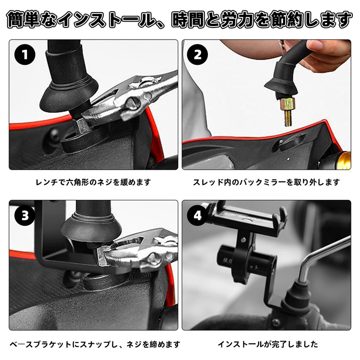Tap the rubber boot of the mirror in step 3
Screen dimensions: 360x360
click(90, 227)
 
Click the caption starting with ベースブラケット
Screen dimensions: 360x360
click(95, 344)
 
